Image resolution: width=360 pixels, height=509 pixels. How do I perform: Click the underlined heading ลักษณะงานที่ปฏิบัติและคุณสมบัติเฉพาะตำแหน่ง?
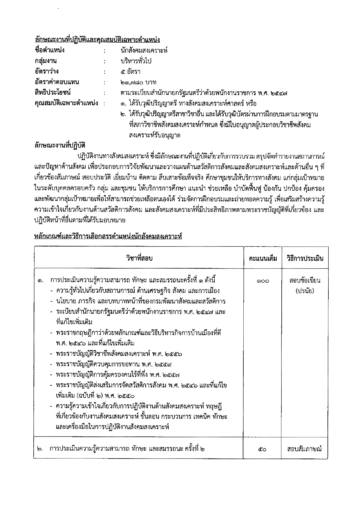pos(97,39)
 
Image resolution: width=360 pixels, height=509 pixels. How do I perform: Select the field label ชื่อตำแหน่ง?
pos(49,50)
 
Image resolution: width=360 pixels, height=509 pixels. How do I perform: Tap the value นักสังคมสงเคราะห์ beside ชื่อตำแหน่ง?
pos(144,50)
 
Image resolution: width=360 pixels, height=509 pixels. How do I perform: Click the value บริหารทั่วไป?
pos(136,61)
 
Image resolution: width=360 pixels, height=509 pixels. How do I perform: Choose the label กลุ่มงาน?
pos(46,61)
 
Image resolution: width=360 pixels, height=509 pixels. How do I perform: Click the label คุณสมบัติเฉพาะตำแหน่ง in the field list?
pos(66,103)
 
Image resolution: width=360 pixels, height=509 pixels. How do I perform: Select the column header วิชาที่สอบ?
pos(139,258)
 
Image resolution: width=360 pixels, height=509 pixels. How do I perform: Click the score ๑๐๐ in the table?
pos(263,281)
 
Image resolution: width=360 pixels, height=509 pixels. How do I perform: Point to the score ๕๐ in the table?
pos(262,449)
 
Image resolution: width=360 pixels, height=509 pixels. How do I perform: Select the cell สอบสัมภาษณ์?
pos(304,449)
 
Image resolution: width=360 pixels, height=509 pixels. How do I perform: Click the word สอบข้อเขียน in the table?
pos(305,280)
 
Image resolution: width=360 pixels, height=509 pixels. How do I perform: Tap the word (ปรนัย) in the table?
pos(305,291)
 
